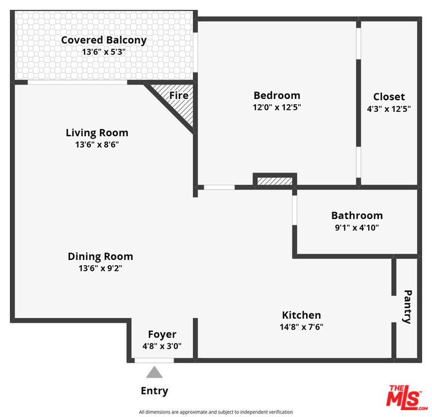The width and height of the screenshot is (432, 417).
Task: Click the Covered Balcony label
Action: [104, 40]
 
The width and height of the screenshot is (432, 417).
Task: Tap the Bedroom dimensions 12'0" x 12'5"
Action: [277, 107]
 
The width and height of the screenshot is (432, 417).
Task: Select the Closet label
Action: [389, 97]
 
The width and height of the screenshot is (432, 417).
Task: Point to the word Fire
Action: [178, 94]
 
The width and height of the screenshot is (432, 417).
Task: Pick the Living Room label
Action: [97, 133]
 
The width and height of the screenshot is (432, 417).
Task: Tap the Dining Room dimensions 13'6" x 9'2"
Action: [100, 268]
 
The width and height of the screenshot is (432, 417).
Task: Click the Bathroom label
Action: [357, 215]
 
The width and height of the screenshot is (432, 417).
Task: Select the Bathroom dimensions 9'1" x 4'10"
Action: [357, 228]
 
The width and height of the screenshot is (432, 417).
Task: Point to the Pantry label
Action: [407, 306]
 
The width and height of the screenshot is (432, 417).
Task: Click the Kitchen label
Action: [301, 315]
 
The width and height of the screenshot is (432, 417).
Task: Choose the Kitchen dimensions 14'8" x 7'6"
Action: [301, 327]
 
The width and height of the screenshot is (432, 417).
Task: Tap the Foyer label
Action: [162, 334]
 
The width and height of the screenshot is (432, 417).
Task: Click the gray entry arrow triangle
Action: [154, 372]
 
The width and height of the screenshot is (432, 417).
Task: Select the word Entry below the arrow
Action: [155, 391]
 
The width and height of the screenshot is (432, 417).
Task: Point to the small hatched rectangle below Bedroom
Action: [274, 181]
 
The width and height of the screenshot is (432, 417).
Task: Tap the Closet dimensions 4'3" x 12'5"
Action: [389, 108]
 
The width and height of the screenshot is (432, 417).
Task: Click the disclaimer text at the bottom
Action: [216, 412]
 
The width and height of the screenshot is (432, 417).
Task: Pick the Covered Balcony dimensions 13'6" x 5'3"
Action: [104, 52]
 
